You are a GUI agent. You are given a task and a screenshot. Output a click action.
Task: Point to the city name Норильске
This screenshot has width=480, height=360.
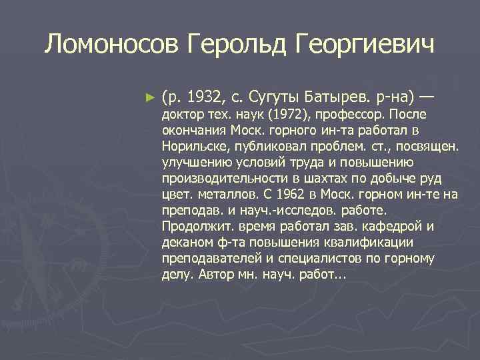(192, 146)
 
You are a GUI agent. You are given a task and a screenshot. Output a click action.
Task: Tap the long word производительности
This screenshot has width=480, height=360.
(223, 178)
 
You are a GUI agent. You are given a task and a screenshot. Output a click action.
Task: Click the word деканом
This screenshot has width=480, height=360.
(186, 242)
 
